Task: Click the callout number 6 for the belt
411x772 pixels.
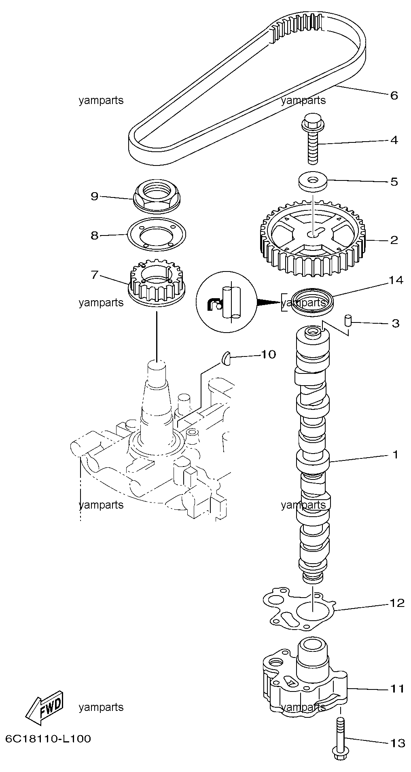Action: point(394,95)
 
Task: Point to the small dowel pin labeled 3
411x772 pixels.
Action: point(347,321)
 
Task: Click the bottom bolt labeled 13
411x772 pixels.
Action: point(340,741)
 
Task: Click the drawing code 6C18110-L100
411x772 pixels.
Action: point(48,739)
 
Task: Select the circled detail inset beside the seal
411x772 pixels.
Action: point(226,302)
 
